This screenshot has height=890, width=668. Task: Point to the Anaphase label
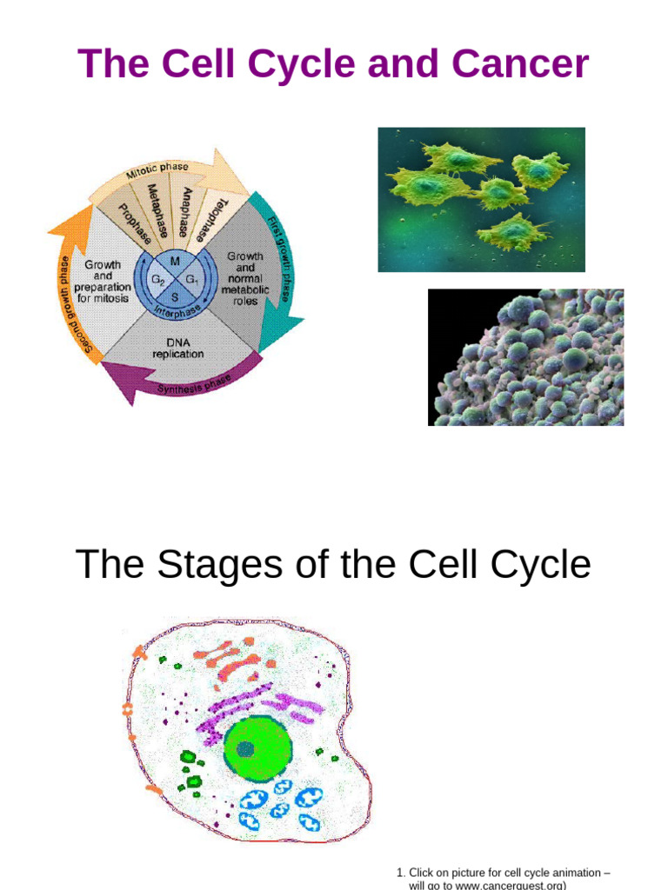click(184, 211)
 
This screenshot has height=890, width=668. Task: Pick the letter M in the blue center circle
click(175, 262)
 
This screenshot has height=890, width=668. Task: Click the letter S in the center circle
click(175, 296)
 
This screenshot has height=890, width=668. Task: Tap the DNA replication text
click(177, 348)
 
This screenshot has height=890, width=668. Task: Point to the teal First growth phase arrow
click(277, 261)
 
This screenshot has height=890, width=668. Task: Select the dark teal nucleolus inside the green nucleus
click(246, 749)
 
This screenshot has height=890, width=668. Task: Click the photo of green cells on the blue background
click(481, 199)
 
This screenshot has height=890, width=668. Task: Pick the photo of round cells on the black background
click(525, 357)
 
